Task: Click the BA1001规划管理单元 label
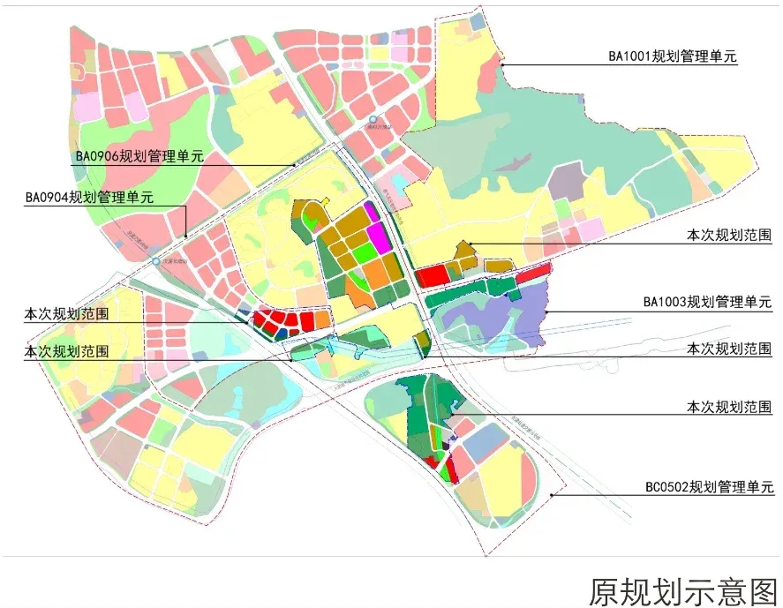coord(672,56)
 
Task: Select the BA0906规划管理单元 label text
coord(139,156)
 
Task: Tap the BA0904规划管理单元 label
coord(89,197)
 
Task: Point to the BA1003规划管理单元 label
coord(707,303)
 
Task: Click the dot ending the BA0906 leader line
coord(294,165)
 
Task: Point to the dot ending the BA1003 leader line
coord(548,312)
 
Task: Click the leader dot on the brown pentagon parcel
coord(471,244)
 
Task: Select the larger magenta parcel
coord(380,237)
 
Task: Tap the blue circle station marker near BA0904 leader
coord(156,262)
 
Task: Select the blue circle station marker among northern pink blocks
coord(373,120)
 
